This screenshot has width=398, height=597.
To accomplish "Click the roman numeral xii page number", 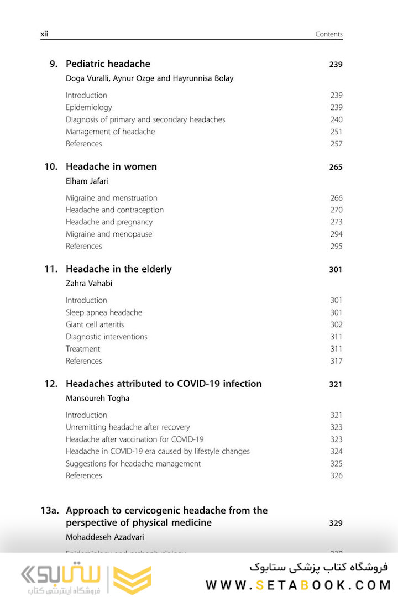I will click(x=44, y=34).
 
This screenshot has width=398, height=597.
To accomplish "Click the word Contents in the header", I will click(x=329, y=34).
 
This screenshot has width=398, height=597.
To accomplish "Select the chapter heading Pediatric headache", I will click(x=108, y=64).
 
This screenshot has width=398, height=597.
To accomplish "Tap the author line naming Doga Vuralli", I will click(x=149, y=78).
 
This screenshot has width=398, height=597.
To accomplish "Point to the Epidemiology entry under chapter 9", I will click(x=88, y=107).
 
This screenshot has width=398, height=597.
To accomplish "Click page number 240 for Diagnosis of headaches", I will click(x=336, y=119).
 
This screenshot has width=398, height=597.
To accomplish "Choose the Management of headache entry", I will click(x=110, y=132).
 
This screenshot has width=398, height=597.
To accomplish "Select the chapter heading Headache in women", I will click(x=111, y=166).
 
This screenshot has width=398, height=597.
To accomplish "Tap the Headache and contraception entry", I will click(x=114, y=210).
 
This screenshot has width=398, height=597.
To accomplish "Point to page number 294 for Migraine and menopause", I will click(x=336, y=234).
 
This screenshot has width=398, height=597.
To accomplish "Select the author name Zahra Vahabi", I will click(x=90, y=284).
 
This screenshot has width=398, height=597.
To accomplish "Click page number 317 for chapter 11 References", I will click(x=336, y=361).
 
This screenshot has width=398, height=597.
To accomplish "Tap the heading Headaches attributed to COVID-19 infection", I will click(x=164, y=384).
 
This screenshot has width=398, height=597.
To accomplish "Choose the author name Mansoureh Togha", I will click(x=97, y=398).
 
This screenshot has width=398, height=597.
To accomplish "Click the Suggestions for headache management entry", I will click(x=133, y=463).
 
